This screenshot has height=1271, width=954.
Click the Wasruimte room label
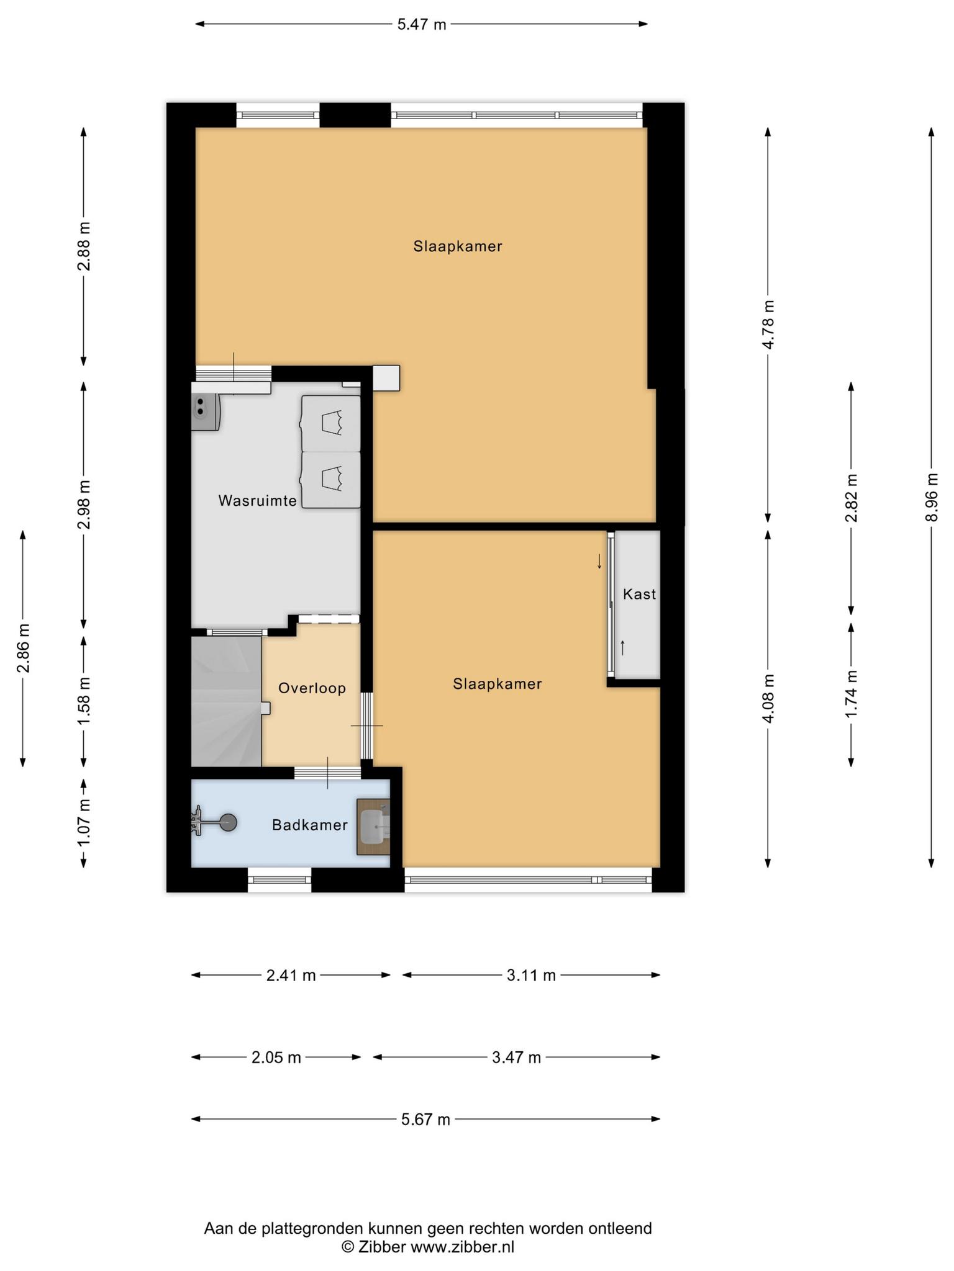pos(258,501)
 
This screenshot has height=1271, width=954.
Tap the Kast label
pos(639,595)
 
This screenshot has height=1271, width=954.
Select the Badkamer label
pos(310,825)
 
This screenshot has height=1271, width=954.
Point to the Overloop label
pos(312,688)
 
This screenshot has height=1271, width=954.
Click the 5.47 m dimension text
pos(422,25)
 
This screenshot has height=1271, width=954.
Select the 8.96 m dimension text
pos(931,497)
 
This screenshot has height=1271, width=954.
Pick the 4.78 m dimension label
pos(768,325)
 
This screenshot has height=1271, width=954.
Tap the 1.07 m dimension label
pos(84,822)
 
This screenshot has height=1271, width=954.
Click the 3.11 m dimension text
pos(531,975)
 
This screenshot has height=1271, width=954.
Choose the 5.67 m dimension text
pos(425,1119)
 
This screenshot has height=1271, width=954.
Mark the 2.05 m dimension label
pos(276,1057)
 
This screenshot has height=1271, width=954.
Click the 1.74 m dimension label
pos(852,694)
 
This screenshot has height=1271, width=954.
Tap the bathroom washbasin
pos(374,827)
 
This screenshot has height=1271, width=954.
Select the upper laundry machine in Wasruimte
pos(331,423)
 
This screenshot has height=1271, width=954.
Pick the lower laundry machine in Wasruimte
pos(331,480)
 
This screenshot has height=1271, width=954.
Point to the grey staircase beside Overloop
pos(226,701)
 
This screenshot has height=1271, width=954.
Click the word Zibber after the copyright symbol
pos(382,1247)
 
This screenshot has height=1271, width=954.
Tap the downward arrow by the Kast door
pos(599,562)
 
